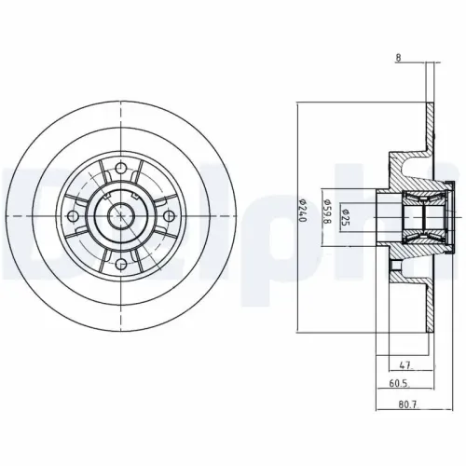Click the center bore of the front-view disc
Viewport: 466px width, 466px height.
121,216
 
